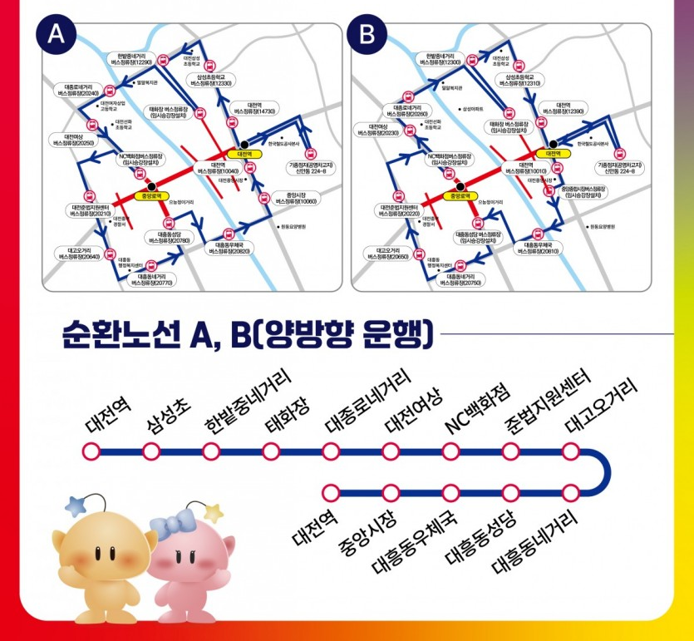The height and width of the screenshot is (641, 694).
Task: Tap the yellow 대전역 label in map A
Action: pos(244,154)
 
